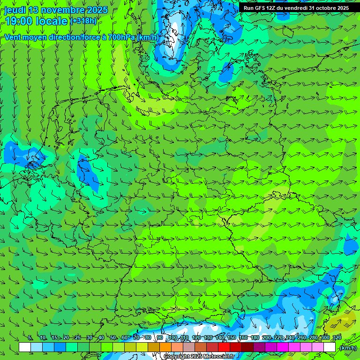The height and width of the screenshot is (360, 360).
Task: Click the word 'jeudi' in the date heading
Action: point(15,10)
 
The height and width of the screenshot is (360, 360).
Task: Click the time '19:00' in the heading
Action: point(19,21)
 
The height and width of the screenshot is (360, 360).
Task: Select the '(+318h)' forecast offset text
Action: point(84,21)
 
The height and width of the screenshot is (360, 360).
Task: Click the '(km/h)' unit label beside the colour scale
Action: point(348,348)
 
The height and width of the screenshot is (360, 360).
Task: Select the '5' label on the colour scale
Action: point(30,338)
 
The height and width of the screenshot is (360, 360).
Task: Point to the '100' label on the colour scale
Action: point(173,338)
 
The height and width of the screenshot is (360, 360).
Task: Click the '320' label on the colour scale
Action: point(337,338)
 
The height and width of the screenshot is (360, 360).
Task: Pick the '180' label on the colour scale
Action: point(255,338)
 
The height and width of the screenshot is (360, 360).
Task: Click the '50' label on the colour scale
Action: point(112,338)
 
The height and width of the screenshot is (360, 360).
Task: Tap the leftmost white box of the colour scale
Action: point(25,347)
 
